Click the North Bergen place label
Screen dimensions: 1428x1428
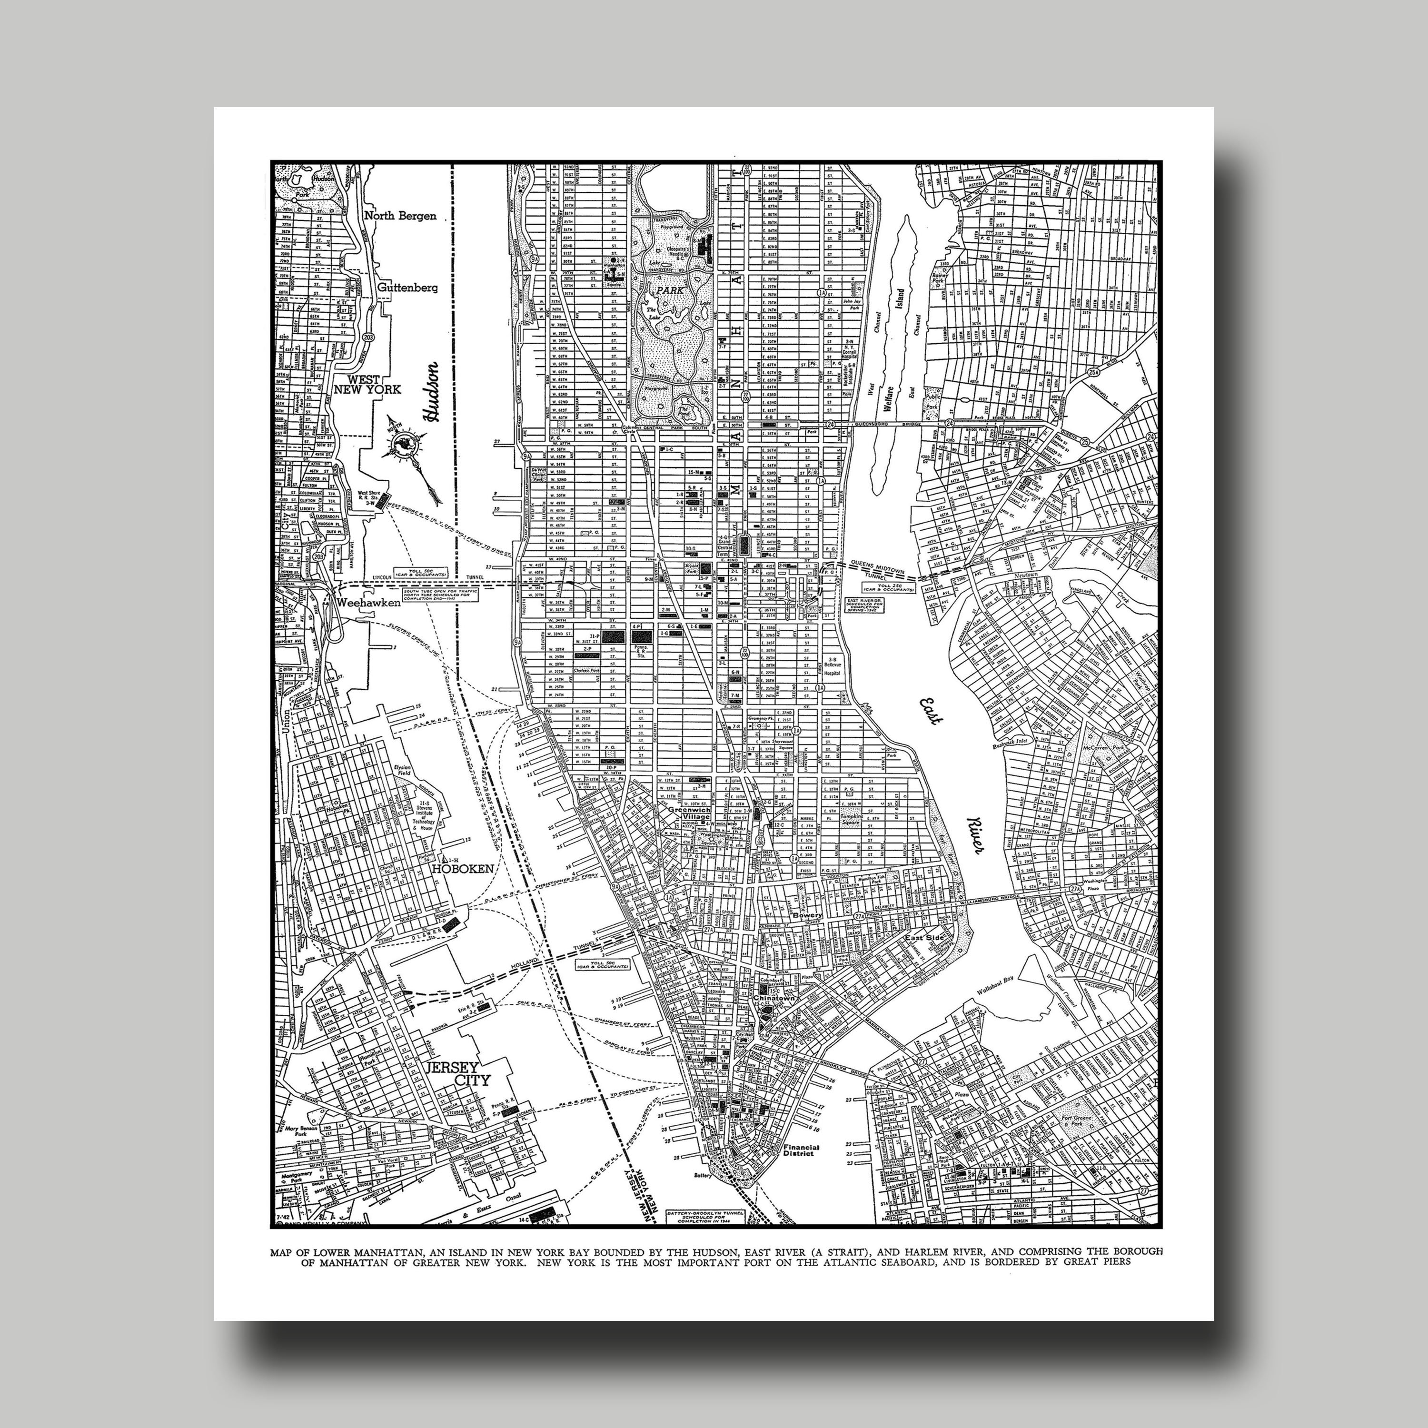(x=400, y=216)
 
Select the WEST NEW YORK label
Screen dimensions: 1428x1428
(x=367, y=384)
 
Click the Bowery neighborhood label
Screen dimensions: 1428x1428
(x=807, y=915)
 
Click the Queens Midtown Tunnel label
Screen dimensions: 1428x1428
(x=884, y=565)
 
